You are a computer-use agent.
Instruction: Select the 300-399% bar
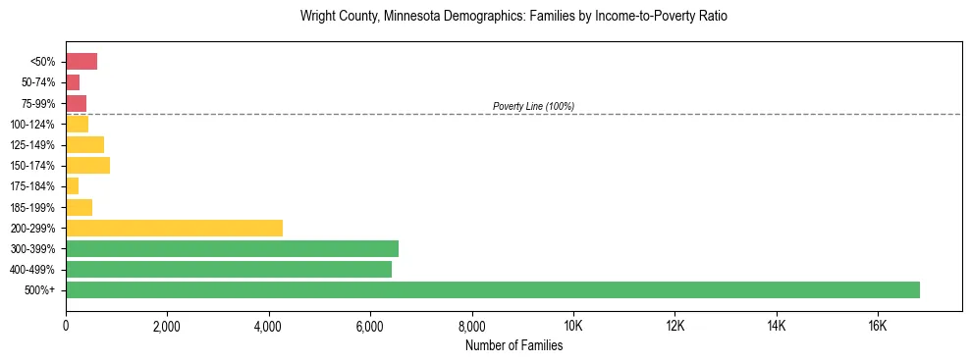pos(232,248)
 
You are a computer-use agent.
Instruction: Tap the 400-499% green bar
pos(229,269)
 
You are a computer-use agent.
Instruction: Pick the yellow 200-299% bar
pos(174,228)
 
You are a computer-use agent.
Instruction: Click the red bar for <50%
pos(81,62)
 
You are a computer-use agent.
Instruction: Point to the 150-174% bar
pos(87,165)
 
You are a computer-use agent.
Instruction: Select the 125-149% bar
pos(84,144)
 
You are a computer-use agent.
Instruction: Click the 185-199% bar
pos(79,207)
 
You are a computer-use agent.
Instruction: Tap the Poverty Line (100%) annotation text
pos(533,106)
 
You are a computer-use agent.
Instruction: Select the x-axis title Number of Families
pos(513,345)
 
